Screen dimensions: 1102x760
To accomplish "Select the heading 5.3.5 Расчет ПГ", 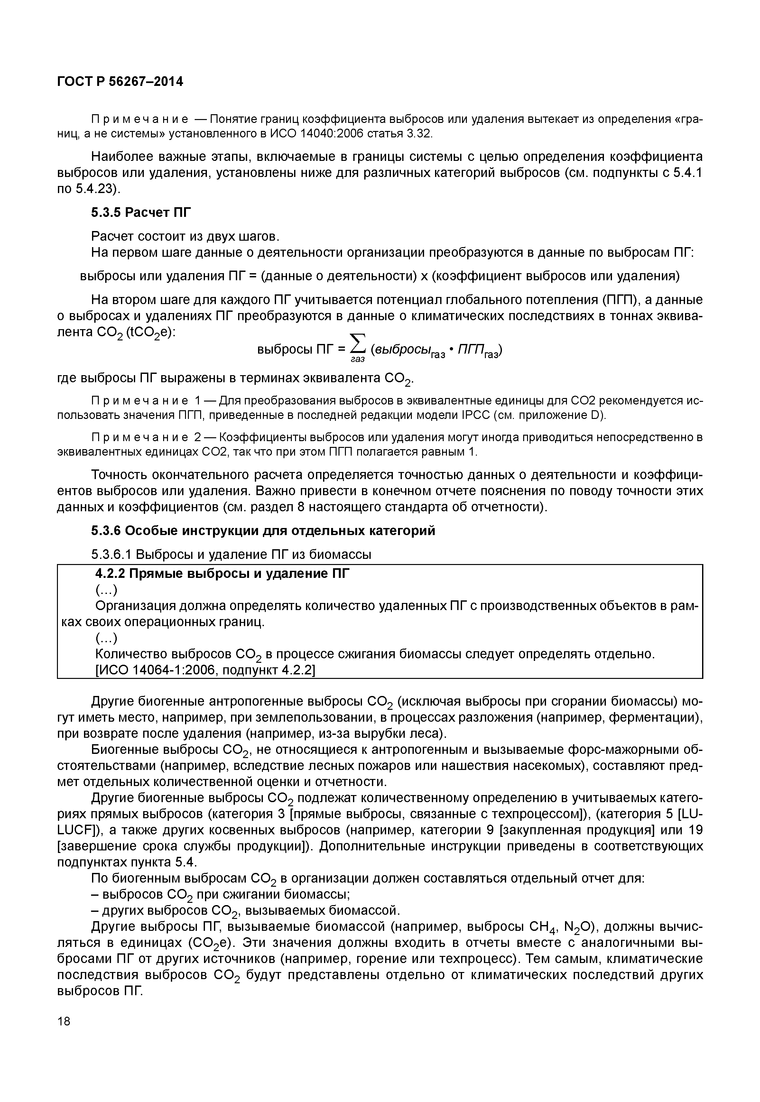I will click(x=141, y=212).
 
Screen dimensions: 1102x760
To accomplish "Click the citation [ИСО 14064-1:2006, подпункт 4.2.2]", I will click(x=205, y=670).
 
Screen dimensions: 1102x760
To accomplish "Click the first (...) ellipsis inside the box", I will click(x=106, y=590).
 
